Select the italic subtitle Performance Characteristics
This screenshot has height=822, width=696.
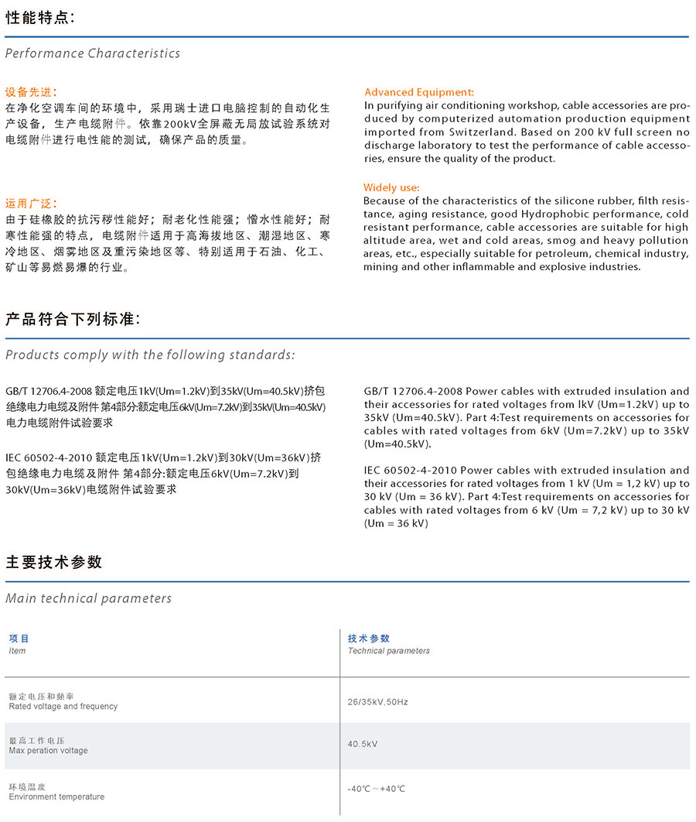click(93, 53)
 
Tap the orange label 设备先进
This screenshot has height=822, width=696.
click(30, 91)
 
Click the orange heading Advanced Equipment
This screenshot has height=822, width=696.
click(419, 92)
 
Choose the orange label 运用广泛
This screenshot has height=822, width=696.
click(30, 204)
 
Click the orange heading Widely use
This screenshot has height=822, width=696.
click(392, 188)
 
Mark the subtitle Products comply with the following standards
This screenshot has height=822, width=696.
click(150, 355)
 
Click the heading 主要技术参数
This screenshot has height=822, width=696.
click(54, 563)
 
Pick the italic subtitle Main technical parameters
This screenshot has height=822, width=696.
click(88, 598)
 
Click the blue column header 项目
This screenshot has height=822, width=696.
click(19, 639)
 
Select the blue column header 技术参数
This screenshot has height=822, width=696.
click(369, 639)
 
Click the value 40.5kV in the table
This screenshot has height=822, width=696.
click(363, 744)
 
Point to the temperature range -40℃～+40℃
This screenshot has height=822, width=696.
click(377, 789)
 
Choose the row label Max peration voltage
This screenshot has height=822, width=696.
click(48, 751)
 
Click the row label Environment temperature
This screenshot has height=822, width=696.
click(56, 796)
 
